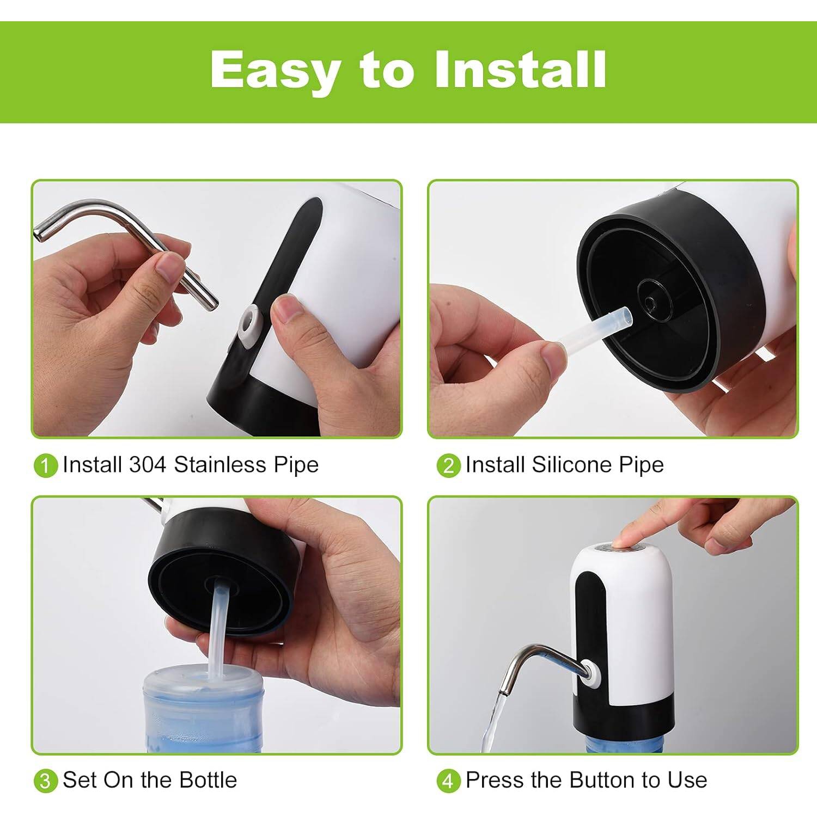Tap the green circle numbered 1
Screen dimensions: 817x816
coord(45,466)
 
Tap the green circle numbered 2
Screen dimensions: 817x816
coord(448,466)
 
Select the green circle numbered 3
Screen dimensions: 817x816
coord(45,781)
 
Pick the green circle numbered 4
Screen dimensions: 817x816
coord(448,781)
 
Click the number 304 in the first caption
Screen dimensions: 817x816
coord(148,465)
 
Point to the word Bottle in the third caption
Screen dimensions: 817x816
coord(208,780)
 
